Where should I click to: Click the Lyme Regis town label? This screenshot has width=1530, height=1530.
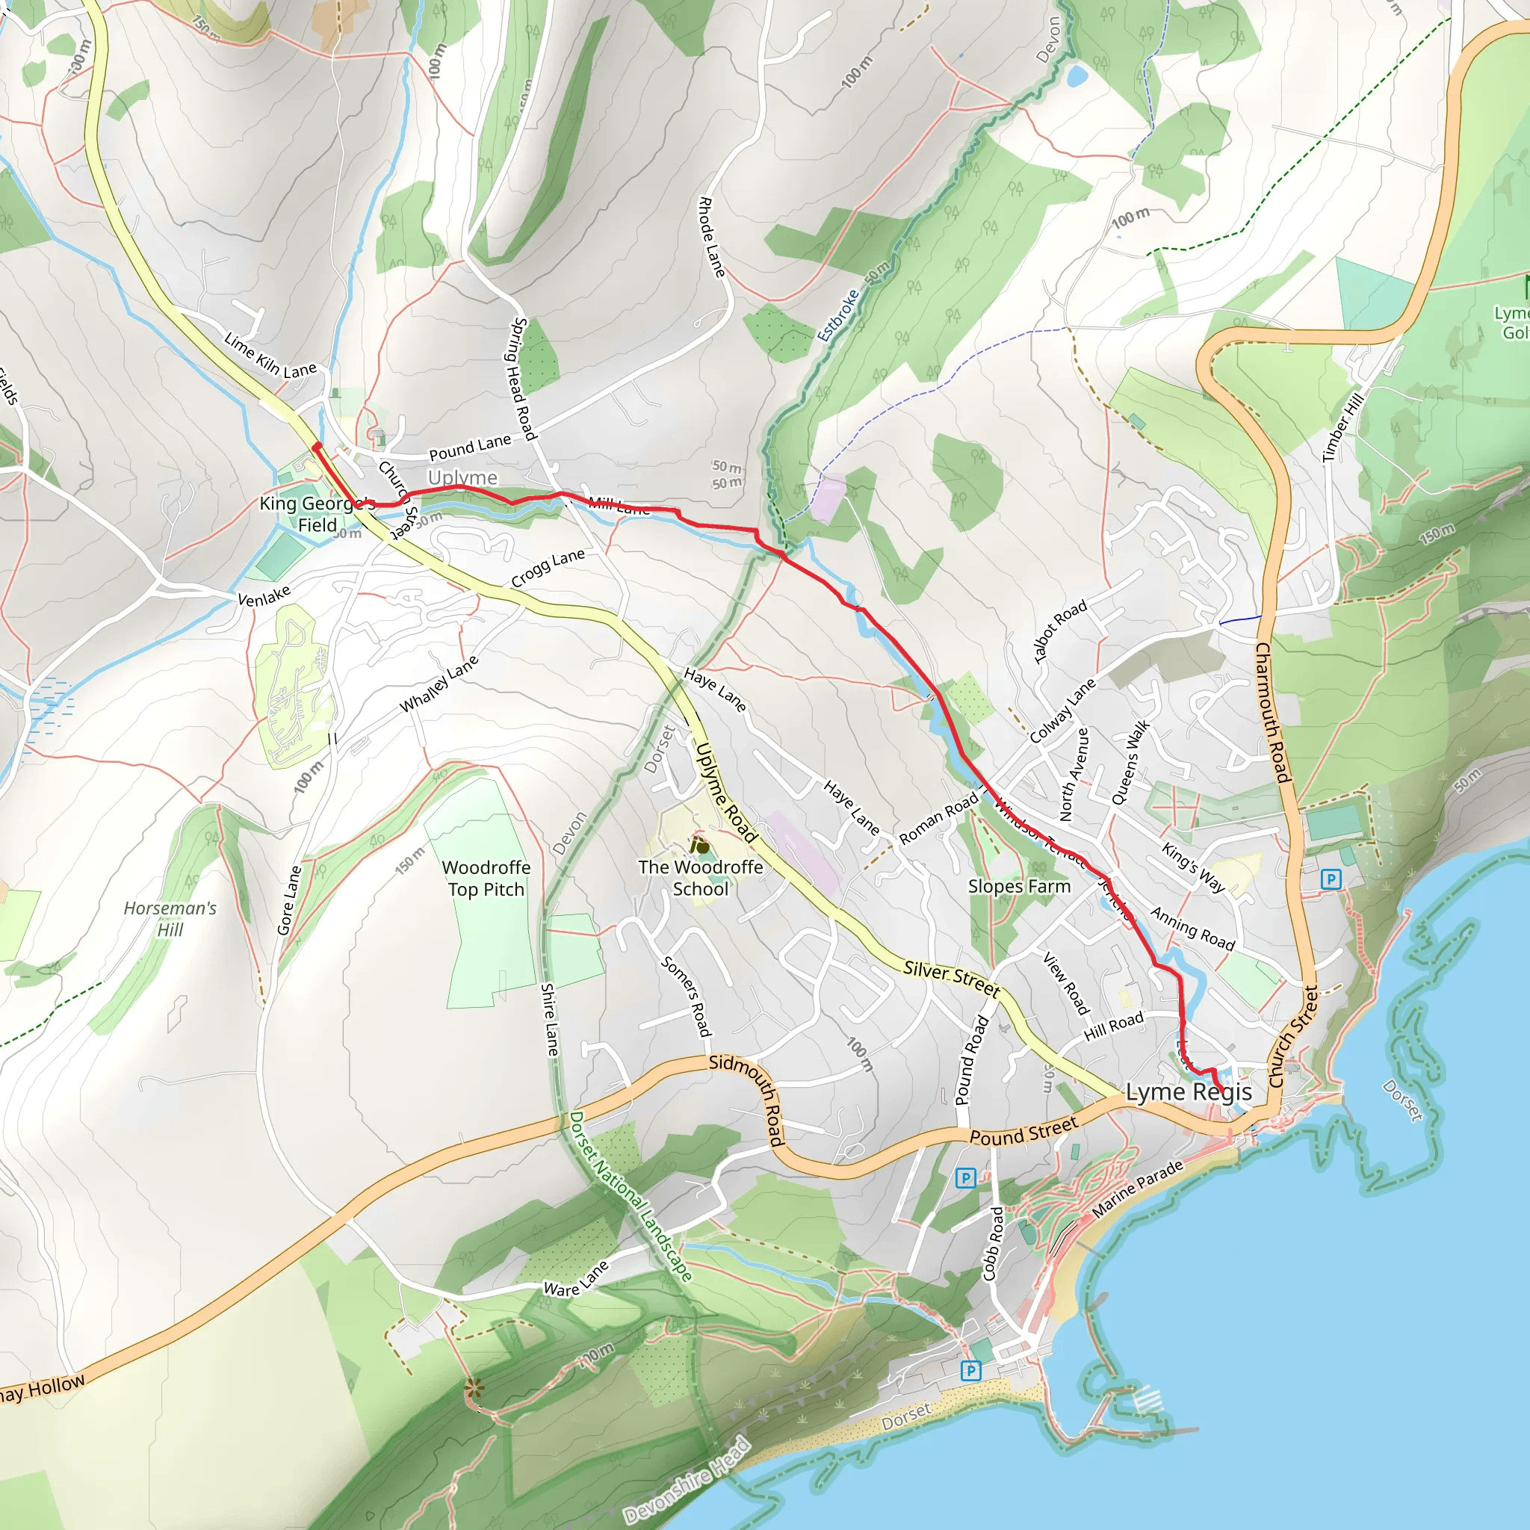pos(1189,1093)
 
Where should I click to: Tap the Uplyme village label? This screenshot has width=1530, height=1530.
pos(462,477)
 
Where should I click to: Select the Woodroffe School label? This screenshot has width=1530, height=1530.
pos(701,879)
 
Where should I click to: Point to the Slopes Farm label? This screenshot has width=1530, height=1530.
pos(1019,886)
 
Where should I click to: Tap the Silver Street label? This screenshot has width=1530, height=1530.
pos(952,978)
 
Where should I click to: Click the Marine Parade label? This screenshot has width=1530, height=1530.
pos(1137,1189)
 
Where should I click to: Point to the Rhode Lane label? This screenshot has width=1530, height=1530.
pos(711,238)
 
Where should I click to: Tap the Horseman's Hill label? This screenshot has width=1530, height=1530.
pos(170,919)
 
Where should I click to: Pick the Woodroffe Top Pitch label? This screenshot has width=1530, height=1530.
pos(486,879)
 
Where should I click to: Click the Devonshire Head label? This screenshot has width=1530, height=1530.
pos(687,1478)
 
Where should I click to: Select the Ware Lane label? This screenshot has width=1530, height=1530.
pos(576,1279)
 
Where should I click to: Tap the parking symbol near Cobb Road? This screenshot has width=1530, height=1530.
pos(965,1177)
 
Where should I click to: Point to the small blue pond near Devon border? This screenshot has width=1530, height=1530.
pos(1077,76)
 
